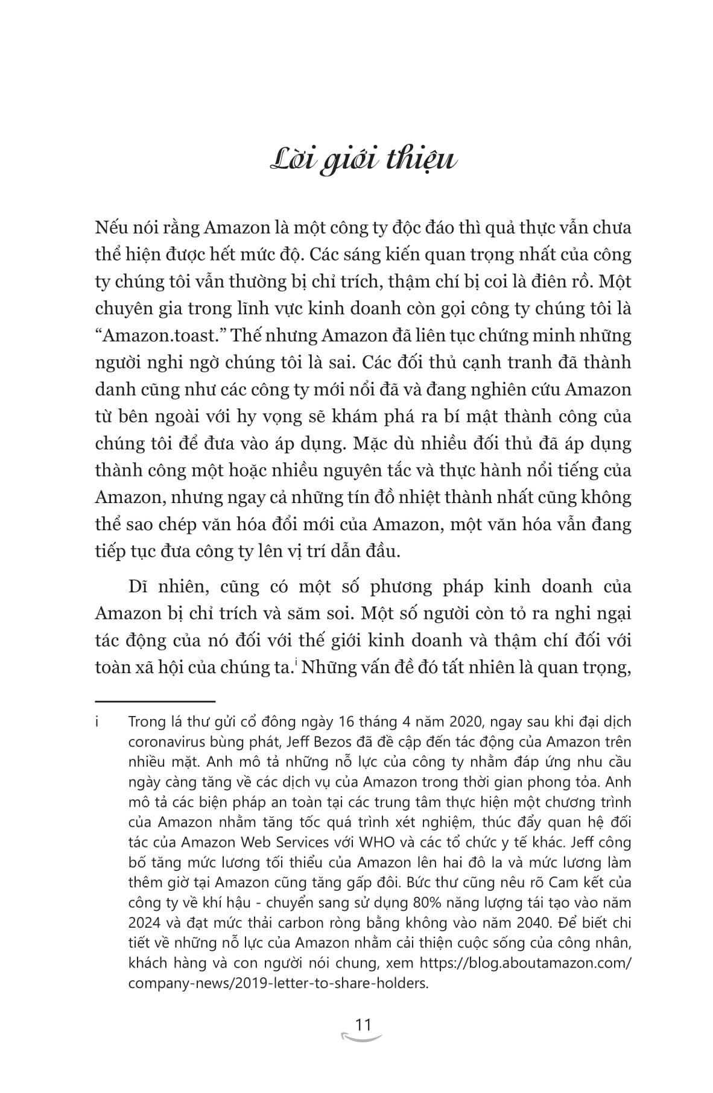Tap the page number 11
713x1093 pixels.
pos(363,1025)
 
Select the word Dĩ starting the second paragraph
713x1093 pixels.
pos(139,586)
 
